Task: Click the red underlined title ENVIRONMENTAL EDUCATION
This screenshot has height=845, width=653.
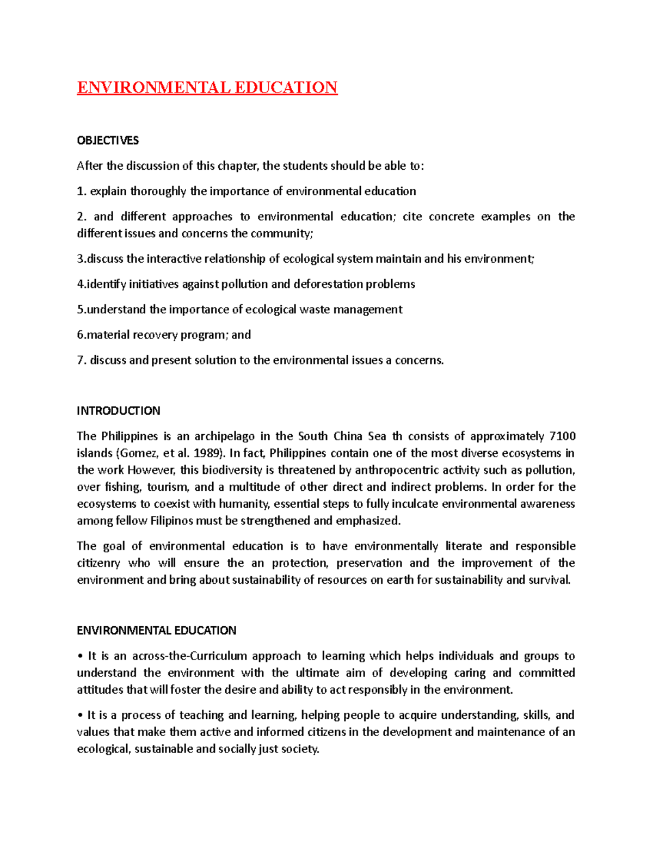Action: click(x=207, y=88)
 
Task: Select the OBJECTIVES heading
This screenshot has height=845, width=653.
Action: click(x=108, y=140)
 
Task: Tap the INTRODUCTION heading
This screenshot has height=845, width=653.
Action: click(x=119, y=411)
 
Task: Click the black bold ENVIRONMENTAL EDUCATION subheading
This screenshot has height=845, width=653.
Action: click(x=157, y=631)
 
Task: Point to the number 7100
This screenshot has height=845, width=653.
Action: click(x=563, y=436)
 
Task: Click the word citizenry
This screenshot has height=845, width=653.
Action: click(x=98, y=563)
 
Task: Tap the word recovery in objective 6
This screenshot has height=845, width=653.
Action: click(x=147, y=335)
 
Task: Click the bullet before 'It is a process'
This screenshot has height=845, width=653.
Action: click(x=80, y=716)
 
